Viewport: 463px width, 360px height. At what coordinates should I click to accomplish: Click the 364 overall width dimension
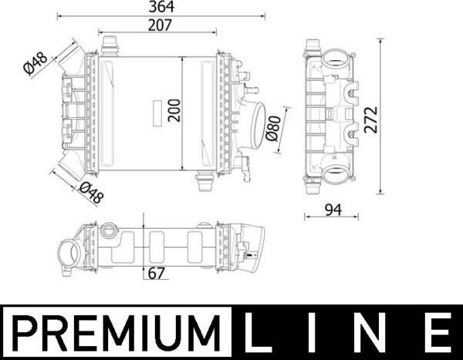tap(161, 7)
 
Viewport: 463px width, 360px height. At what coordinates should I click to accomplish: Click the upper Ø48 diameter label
tap(35, 65)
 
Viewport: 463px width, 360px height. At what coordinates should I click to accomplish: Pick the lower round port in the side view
tap(338, 172)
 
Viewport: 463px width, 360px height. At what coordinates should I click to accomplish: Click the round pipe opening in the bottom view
tap(67, 252)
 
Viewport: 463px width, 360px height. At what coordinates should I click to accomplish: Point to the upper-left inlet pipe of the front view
tap(72, 57)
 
